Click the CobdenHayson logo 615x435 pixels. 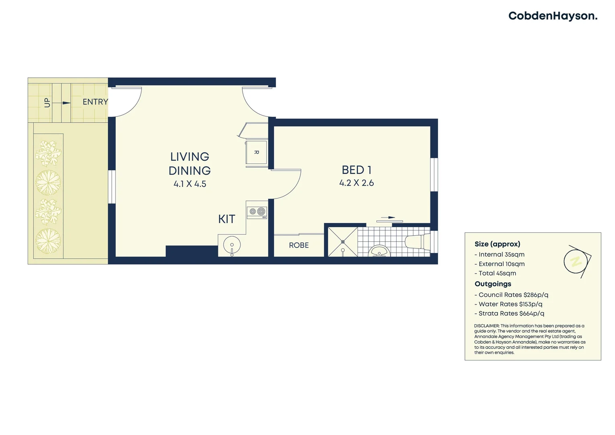553,16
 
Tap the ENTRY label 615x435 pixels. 95,102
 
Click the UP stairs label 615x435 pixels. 47,103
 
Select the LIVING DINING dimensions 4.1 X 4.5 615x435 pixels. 190,184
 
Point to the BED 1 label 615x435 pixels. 356,170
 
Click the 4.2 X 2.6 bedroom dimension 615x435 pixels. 356,183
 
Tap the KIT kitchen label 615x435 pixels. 226,219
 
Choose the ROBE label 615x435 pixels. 299,245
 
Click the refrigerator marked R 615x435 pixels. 256,152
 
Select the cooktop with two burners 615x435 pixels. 257,211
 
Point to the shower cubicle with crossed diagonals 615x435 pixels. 343,242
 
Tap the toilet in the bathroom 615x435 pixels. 417,242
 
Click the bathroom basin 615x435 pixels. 379,251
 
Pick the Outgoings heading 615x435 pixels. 493,284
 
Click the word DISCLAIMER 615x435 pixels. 486,326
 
